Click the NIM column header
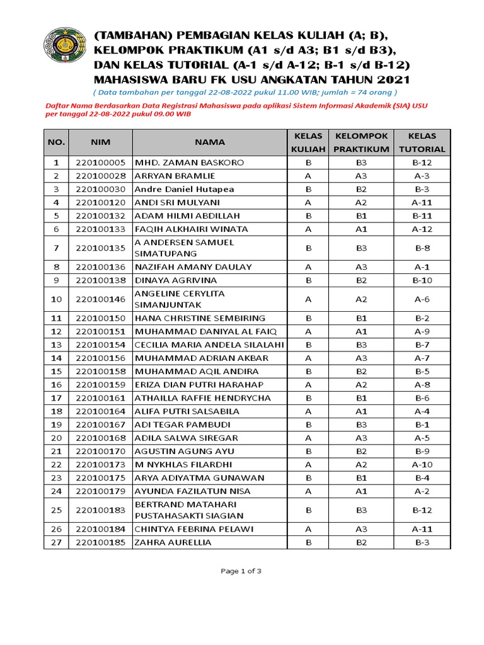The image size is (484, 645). (x=100, y=142)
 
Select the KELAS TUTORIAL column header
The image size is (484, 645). (x=422, y=142)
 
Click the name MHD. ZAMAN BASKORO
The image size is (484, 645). (x=181, y=163)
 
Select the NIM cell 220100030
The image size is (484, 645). (x=100, y=189)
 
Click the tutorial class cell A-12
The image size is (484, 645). (x=422, y=229)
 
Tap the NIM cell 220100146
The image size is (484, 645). (x=100, y=299)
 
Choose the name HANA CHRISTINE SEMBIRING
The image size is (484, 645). (x=200, y=318)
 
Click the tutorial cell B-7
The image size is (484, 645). (x=422, y=345)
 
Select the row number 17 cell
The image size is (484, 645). (x=56, y=398)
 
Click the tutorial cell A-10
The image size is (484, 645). (x=422, y=464)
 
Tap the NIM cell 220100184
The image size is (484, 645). (x=100, y=529)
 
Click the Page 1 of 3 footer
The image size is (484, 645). (x=241, y=571)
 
